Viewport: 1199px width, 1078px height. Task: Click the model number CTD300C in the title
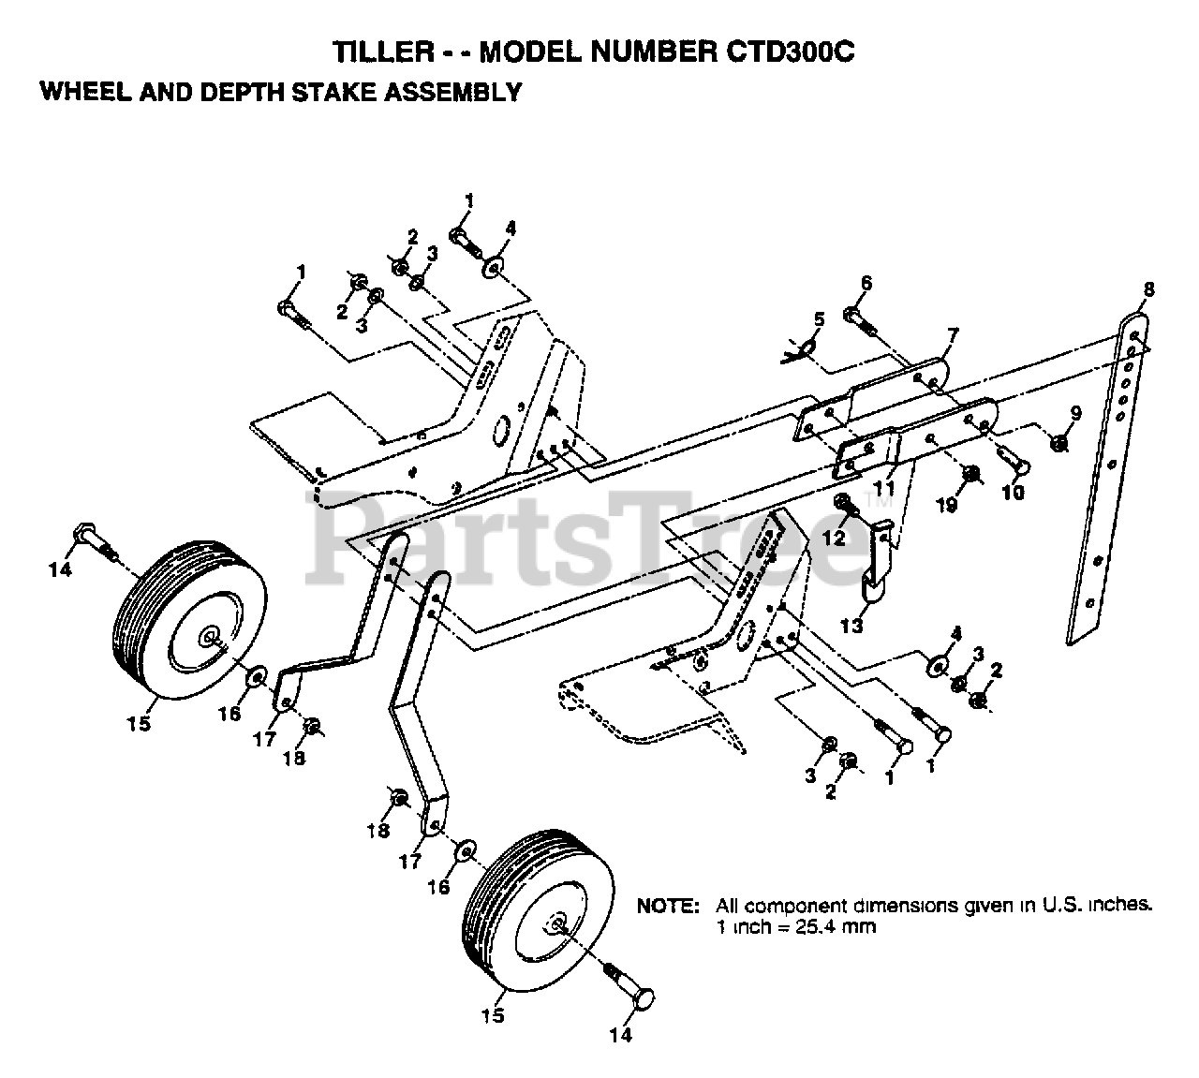coord(789,52)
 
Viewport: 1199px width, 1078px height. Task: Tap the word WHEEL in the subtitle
coord(83,92)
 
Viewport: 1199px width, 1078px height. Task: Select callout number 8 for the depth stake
coord(1148,289)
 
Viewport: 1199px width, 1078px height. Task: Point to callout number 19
coord(946,505)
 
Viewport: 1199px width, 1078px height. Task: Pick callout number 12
coord(834,538)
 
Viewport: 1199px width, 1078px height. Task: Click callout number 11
coord(884,487)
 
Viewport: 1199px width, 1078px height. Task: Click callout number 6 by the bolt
coord(865,283)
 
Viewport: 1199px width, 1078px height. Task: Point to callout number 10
coord(1014,491)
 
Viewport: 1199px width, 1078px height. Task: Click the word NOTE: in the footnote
coord(668,907)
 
